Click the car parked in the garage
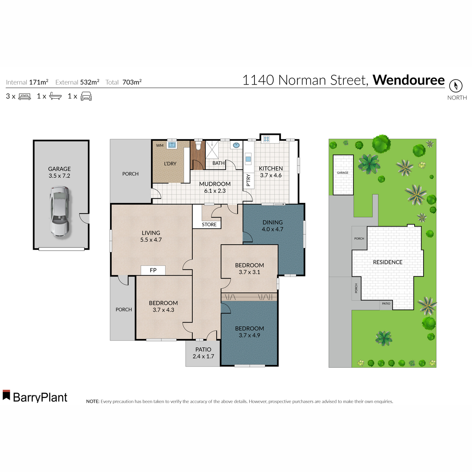(59, 211)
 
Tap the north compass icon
(456, 86)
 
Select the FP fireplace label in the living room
(153, 270)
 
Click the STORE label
(209, 225)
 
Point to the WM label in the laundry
(160, 146)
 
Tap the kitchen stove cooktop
(266, 139)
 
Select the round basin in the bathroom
(236, 145)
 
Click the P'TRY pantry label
(248, 180)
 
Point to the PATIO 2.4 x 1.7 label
(203, 353)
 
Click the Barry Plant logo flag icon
(6, 395)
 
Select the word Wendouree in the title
(408, 80)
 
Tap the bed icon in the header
(24, 96)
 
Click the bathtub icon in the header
(55, 96)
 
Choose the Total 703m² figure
(131, 82)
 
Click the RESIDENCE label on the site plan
(387, 262)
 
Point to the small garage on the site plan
(343, 175)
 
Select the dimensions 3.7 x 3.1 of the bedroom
(249, 272)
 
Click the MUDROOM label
(215, 184)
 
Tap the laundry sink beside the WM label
(172, 145)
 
